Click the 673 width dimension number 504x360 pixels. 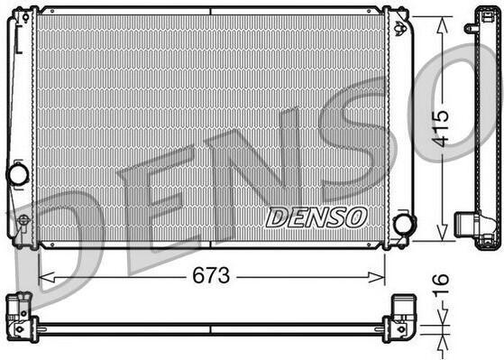click(211, 275)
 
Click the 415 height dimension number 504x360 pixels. click(440, 129)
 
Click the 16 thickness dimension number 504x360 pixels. click(440, 284)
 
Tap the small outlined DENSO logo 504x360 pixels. click(316, 217)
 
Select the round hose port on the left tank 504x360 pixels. click(19, 175)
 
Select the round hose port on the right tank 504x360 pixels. click(404, 223)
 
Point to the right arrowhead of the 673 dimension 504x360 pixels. click(377, 277)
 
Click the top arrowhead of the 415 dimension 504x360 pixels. click(443, 25)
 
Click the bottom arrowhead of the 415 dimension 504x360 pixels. click(443, 232)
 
